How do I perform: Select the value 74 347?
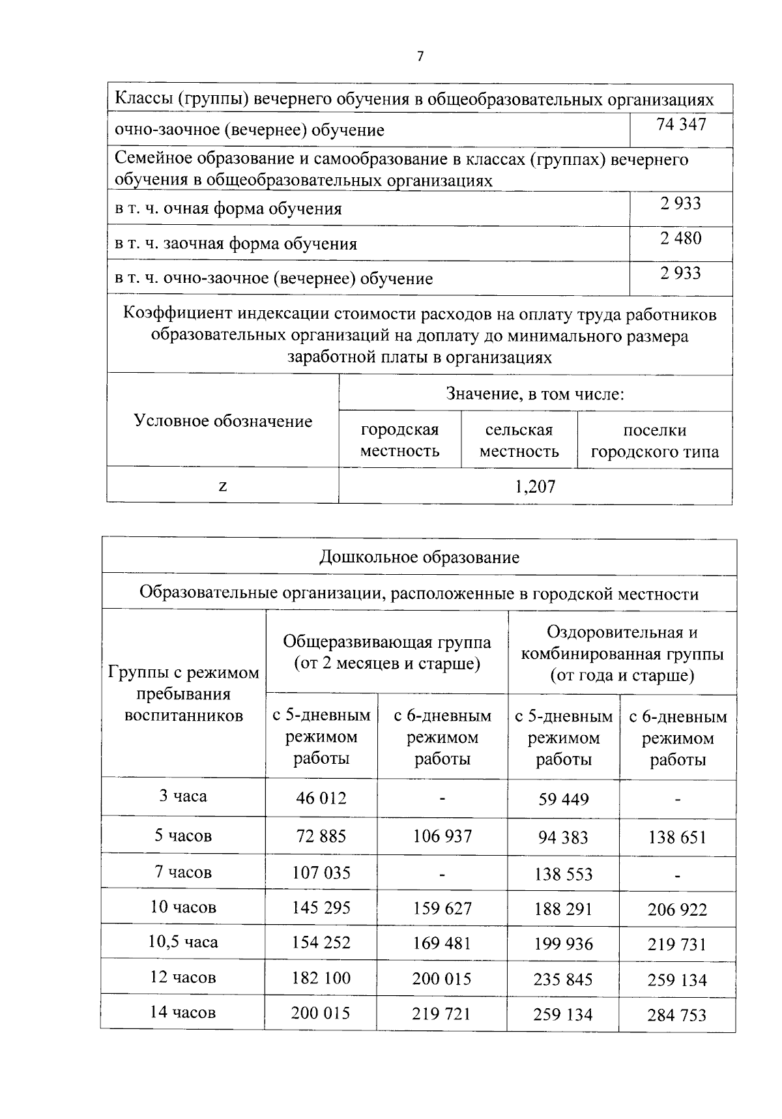[681, 124]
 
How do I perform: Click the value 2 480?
[681, 239]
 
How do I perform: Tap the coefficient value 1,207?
[535, 486]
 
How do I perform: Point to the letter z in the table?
[223, 486]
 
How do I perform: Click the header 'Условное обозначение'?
[223, 421]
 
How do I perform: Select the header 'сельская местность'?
[519, 441]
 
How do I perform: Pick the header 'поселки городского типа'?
[654, 441]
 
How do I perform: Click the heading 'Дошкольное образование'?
[419, 557]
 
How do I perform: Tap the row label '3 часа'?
[183, 796]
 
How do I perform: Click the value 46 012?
[321, 798]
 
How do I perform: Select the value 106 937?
[442, 836]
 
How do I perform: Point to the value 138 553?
[563, 874]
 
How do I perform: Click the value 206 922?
[677, 910]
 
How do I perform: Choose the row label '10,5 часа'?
[183, 942]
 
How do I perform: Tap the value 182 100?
[321, 978]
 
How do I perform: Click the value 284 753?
[677, 1015]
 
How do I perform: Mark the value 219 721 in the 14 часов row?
[442, 1013]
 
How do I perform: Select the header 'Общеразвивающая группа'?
[386, 642]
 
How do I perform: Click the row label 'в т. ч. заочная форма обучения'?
[236, 244]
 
